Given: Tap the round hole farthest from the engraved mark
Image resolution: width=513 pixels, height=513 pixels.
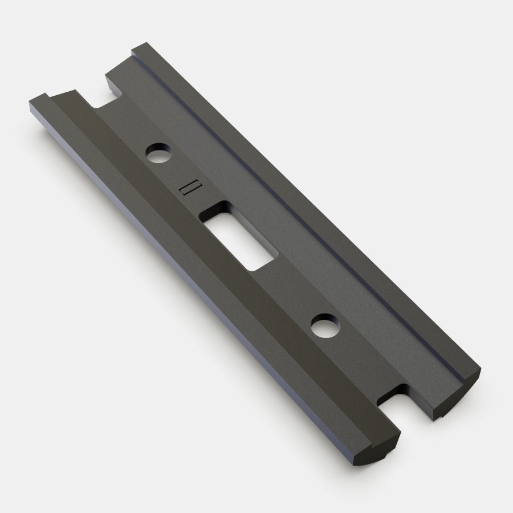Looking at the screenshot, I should point(324,326).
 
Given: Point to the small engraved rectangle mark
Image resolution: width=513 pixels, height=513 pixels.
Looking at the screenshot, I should point(188,189).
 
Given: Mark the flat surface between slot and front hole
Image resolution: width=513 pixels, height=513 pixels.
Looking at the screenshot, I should point(285,285).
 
